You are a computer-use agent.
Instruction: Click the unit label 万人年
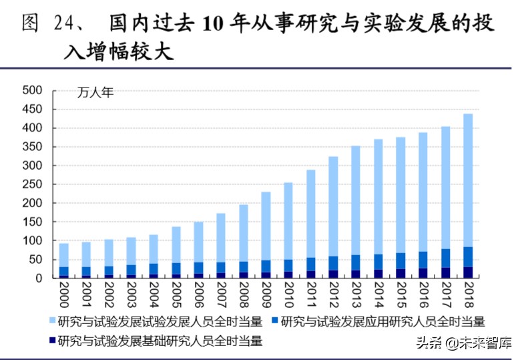(x=95, y=93)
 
